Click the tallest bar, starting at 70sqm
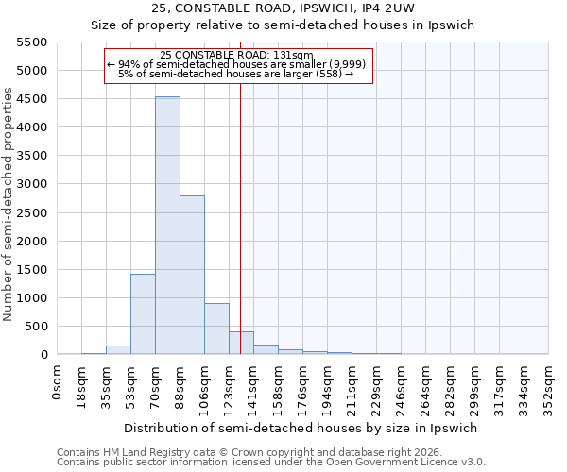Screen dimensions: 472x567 tap(167, 226)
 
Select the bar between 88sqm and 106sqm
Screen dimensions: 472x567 tap(192, 275)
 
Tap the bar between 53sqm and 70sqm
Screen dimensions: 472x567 tap(143, 314)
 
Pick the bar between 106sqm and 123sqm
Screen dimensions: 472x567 tap(216, 329)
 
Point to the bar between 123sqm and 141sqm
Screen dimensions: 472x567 tap(241, 343)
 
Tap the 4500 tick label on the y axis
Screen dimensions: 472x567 tap(32, 99)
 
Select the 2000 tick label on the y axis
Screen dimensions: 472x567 tap(32, 241)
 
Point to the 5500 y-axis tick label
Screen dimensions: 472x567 tap(32, 42)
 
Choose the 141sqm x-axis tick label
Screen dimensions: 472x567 tap(254, 384)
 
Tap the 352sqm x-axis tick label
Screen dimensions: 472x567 tap(548, 384)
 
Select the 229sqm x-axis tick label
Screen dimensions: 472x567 tap(377, 384)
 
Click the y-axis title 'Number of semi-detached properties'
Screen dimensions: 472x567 tap(9, 204)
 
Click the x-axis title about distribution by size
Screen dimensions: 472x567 tap(301, 428)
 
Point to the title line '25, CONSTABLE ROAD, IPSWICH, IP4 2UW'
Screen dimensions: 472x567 tap(301, 8)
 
